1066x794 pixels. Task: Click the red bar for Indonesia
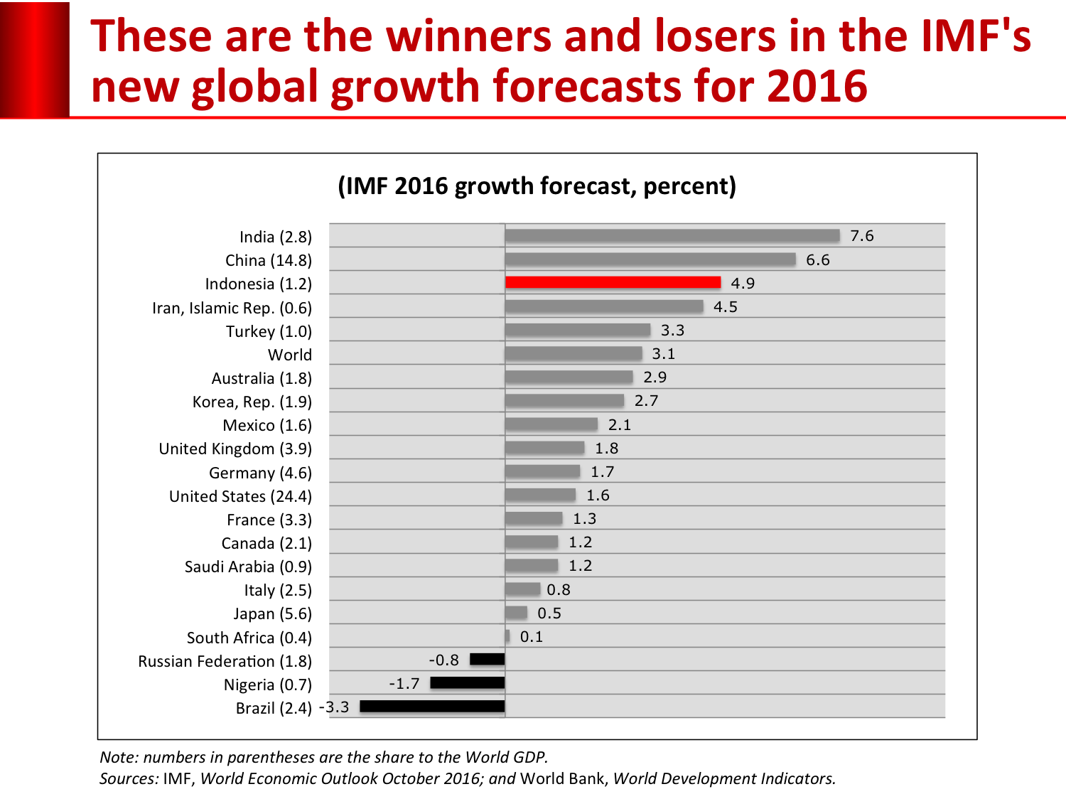point(613,282)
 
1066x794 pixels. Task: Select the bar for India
point(672,235)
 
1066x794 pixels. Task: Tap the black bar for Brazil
point(432,707)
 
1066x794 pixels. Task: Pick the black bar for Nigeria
point(468,683)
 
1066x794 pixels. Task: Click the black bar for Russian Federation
point(488,660)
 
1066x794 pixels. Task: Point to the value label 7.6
point(862,236)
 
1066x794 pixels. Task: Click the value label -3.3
point(334,707)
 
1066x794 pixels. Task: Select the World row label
point(290,355)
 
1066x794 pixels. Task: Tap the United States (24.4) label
point(240,496)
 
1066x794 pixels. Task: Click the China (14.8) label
point(269,260)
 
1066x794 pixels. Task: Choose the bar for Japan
point(517,613)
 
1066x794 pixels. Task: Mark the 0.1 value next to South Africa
point(532,637)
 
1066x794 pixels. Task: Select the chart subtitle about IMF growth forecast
point(537,186)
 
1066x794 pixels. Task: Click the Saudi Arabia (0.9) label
point(248,567)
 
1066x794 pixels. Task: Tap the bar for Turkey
point(578,330)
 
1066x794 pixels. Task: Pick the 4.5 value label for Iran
point(726,307)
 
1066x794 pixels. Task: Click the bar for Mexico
point(551,424)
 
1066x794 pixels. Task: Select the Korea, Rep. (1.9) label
point(252,402)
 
